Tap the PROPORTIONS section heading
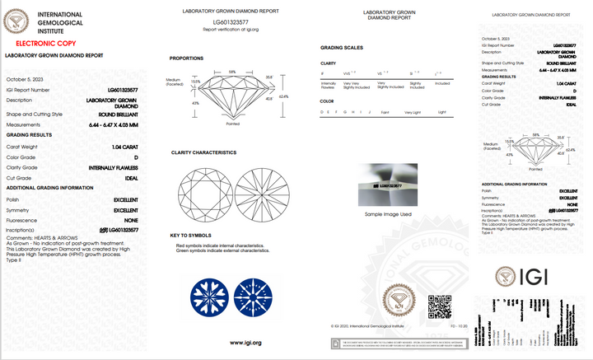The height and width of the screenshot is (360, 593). pos(186,58)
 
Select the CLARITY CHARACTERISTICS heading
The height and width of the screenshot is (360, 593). pos(203,152)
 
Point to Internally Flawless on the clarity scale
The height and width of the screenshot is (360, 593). pos(327,84)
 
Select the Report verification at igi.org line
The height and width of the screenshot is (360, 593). pos(230,29)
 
